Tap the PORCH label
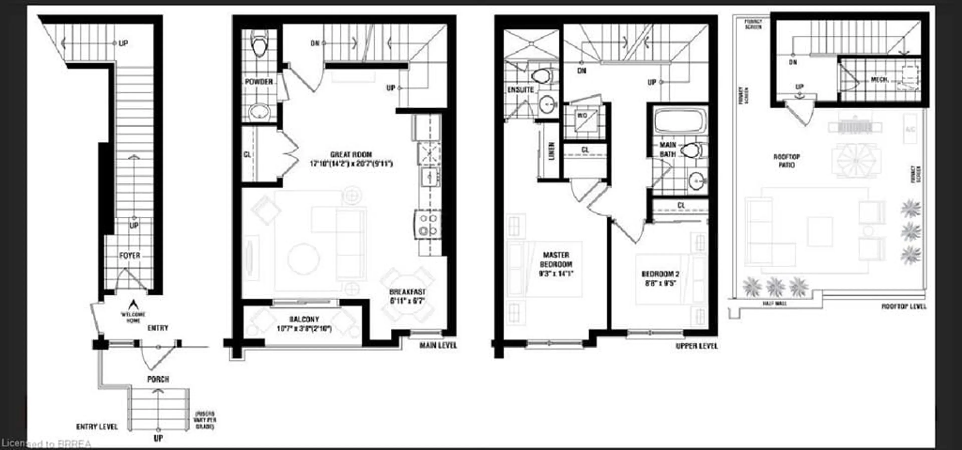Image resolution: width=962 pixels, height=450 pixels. [x=158, y=379]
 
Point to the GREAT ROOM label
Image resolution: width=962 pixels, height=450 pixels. [x=351, y=155]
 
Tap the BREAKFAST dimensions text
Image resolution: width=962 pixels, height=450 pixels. [x=407, y=301]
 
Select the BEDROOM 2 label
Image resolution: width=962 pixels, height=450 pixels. [x=660, y=274]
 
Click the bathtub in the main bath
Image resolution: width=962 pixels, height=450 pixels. [x=680, y=120]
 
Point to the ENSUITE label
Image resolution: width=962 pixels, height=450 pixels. [x=520, y=90]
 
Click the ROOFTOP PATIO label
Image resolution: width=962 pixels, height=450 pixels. [x=786, y=161]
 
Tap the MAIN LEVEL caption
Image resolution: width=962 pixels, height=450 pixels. [x=438, y=345]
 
